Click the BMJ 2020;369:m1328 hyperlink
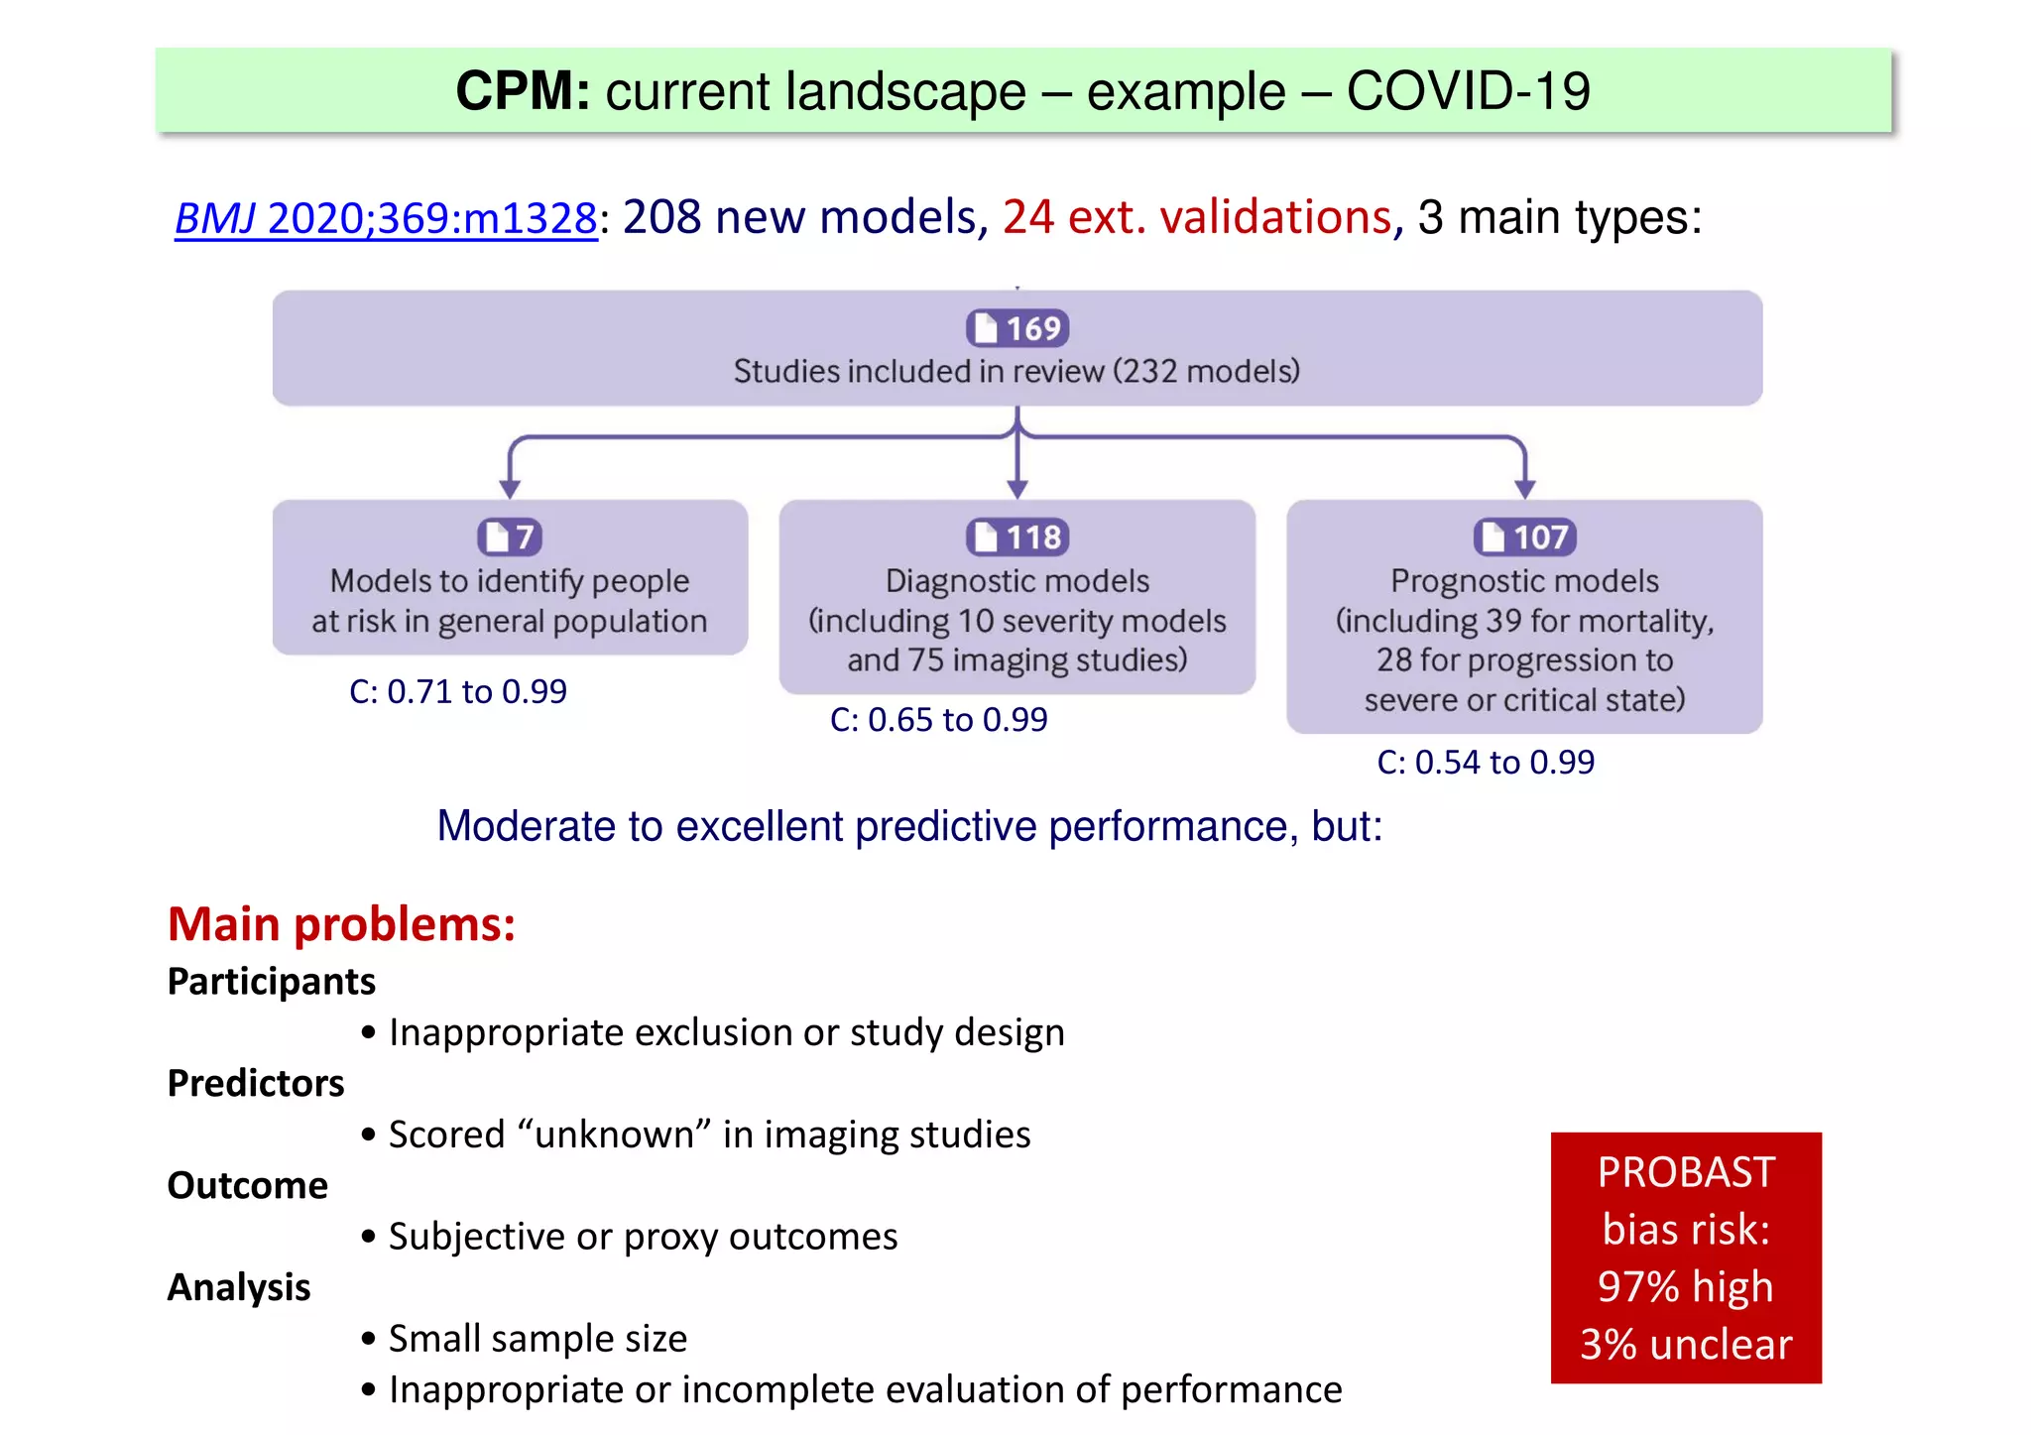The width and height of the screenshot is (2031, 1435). (x=386, y=218)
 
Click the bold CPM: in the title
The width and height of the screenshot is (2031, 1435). (x=523, y=91)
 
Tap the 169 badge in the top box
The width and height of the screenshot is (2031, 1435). (x=1016, y=328)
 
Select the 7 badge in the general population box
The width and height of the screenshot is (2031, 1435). (x=510, y=538)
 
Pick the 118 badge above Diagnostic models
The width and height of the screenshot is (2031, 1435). (x=1016, y=538)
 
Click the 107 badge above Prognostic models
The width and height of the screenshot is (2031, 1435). (x=1524, y=538)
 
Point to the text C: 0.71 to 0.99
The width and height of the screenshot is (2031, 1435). (x=457, y=691)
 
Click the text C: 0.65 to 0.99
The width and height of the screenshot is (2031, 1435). (x=938, y=720)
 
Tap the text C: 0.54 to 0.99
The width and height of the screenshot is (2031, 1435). (x=1485, y=763)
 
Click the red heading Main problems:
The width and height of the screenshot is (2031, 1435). (x=341, y=924)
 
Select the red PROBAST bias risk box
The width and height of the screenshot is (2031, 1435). (x=1685, y=1257)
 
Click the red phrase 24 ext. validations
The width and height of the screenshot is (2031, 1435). (x=1197, y=217)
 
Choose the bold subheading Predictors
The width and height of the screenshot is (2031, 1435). (x=255, y=1083)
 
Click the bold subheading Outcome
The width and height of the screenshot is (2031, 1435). (x=247, y=1185)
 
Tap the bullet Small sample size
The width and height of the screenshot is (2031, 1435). (x=537, y=1339)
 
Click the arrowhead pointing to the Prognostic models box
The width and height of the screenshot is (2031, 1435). (x=1524, y=488)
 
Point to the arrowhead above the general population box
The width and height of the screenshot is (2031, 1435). (x=510, y=488)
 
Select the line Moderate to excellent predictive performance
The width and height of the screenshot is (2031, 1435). (x=908, y=826)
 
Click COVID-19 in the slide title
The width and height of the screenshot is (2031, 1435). (x=1468, y=91)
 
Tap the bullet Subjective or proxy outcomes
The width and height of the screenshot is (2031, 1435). (x=642, y=1237)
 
